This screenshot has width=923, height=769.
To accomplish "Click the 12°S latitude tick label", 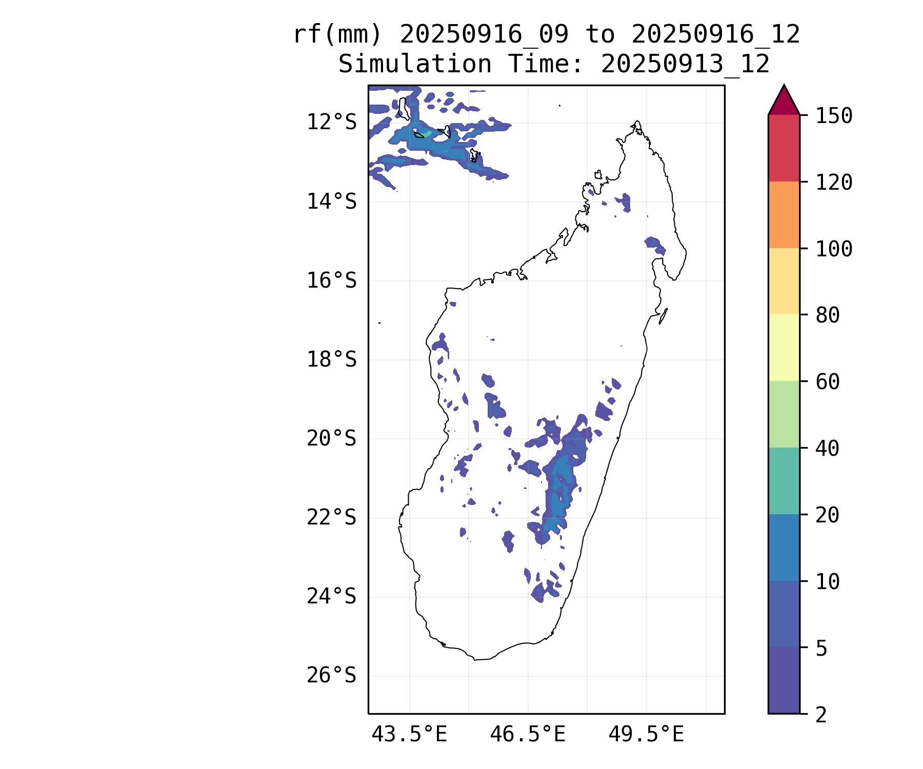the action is [331, 123].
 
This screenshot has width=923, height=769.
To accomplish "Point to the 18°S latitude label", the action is [331, 360].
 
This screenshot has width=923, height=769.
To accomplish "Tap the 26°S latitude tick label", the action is [331, 676].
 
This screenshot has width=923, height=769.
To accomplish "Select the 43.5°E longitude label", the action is [409, 735].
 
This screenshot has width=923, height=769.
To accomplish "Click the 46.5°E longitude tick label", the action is [528, 735].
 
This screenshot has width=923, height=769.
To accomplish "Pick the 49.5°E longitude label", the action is [646, 735].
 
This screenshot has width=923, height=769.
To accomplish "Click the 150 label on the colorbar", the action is [834, 116].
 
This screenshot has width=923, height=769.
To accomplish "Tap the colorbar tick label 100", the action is [834, 249].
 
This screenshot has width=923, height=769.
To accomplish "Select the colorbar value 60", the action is [828, 382].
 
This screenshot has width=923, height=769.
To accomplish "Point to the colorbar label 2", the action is [821, 715].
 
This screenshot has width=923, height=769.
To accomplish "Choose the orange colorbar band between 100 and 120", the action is [784, 215].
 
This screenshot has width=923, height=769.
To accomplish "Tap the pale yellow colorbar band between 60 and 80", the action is [784, 348].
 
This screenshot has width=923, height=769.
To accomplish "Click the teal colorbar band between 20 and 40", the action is [784, 481].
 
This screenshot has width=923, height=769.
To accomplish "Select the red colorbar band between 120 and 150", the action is [784, 148].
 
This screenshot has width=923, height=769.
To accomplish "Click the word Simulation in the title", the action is [415, 65].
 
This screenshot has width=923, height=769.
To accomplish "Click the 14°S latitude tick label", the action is [331, 202].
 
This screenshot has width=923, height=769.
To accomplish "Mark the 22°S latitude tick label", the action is [331, 518].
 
